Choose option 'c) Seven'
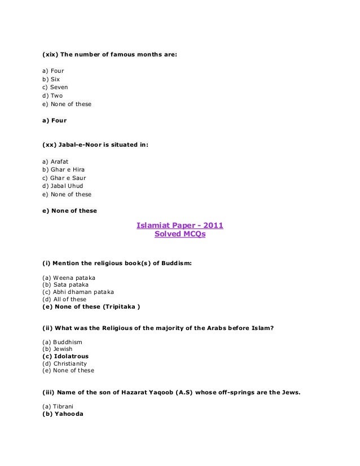tap(55, 87)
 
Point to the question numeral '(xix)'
tap(50, 55)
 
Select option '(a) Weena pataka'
tap(69, 278)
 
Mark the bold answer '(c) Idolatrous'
tap(65, 357)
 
